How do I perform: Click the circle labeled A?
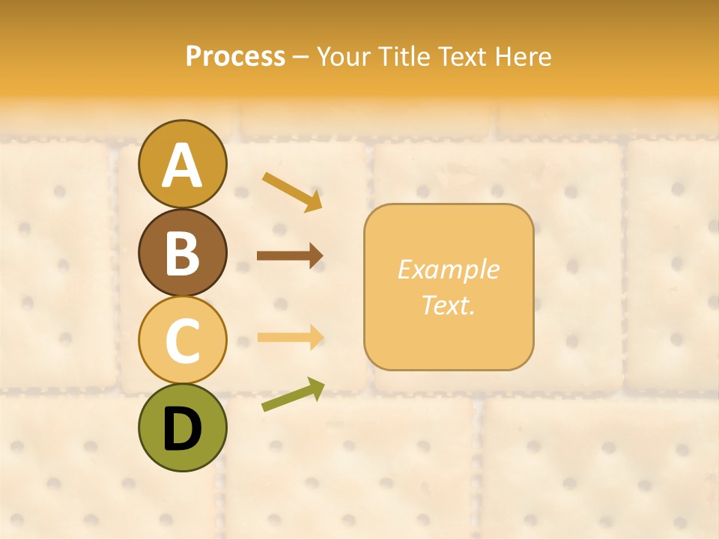[x=182, y=164]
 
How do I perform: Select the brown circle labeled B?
[x=182, y=252]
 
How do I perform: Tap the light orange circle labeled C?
[x=182, y=340]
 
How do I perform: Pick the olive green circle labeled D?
[x=182, y=427]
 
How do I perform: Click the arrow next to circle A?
[x=292, y=192]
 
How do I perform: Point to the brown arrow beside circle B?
[x=290, y=256]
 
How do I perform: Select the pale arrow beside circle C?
[x=290, y=337]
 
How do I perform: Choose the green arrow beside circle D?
[x=293, y=395]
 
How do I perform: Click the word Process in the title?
[x=235, y=56]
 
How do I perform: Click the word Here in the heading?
[x=522, y=56]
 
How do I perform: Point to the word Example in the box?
[x=448, y=269]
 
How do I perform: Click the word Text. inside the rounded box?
[x=448, y=305]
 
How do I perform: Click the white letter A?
[x=182, y=165]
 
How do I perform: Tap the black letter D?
[x=182, y=430]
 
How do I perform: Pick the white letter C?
[x=182, y=341]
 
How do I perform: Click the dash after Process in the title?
[x=301, y=58]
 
